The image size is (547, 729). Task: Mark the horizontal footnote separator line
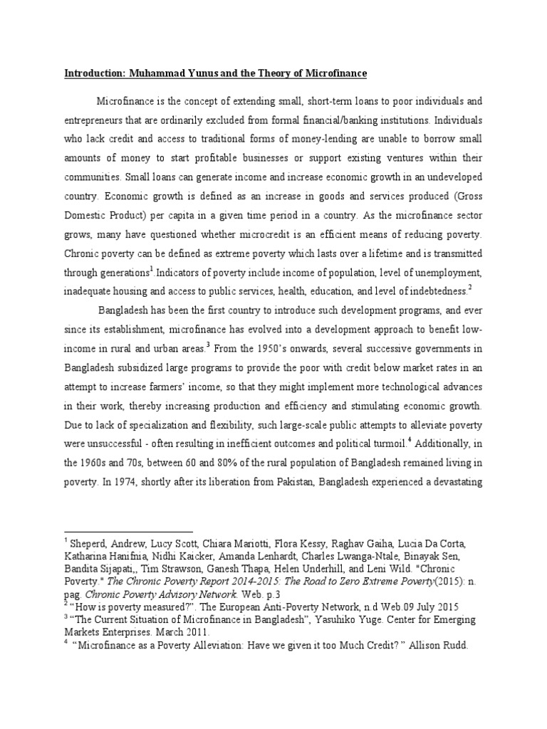[128, 531]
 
